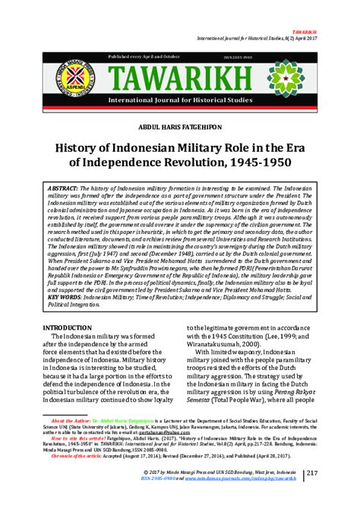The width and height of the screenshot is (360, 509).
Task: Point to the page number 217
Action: point(330,495)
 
